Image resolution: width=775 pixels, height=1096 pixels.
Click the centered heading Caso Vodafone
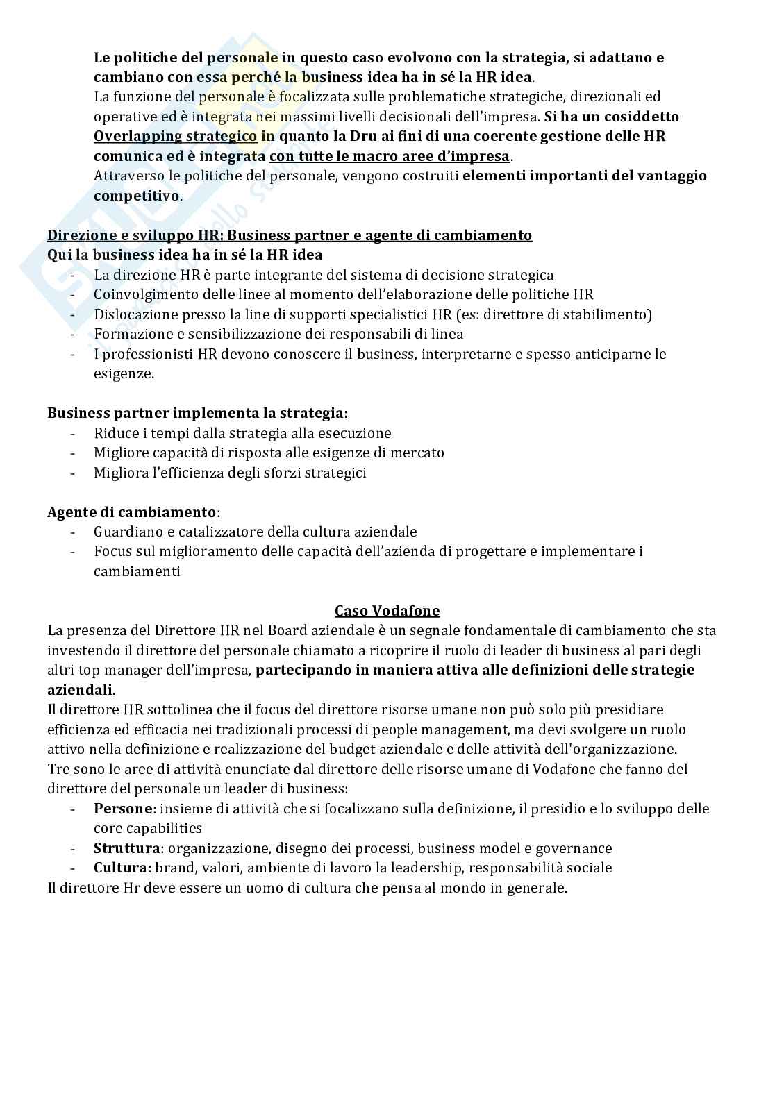pos(387,611)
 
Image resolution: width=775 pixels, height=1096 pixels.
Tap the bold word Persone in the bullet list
pos(122,809)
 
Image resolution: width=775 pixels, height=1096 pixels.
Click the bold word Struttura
pos(126,848)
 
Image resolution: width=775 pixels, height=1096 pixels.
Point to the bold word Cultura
pos(120,868)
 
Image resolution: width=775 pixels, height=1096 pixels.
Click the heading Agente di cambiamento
pos(132,512)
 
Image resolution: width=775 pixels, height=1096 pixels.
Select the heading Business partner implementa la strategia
pos(197,413)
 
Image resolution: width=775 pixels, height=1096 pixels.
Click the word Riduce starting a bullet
pos(113,433)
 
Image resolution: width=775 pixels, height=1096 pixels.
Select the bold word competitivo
pos(136,196)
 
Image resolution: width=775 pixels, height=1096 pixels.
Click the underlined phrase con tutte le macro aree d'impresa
pos(389,156)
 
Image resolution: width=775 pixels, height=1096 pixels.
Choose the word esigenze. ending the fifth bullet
pos(124,374)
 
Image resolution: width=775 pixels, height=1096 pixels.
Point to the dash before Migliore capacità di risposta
pos(74,453)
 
